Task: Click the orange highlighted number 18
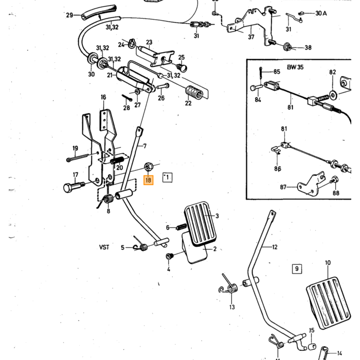pyautogui.click(x=148, y=180)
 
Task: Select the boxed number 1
pyautogui.click(x=167, y=177)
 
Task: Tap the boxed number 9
pyautogui.click(x=297, y=268)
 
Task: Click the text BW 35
pyautogui.click(x=295, y=67)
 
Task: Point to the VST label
pyautogui.click(x=104, y=247)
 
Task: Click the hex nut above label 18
pyautogui.click(x=148, y=167)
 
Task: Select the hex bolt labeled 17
pyautogui.click(x=74, y=187)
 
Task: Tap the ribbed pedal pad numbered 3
pyautogui.click(x=200, y=223)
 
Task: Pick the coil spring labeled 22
pyautogui.click(x=194, y=93)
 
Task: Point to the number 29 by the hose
pyautogui.click(x=69, y=15)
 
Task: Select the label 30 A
pyautogui.click(x=321, y=13)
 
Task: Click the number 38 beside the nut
pyautogui.click(x=308, y=47)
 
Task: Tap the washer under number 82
pyautogui.click(x=333, y=95)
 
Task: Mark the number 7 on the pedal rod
pyautogui.click(x=145, y=146)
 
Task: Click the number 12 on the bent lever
pyautogui.click(x=275, y=247)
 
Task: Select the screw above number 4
pyautogui.click(x=169, y=256)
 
